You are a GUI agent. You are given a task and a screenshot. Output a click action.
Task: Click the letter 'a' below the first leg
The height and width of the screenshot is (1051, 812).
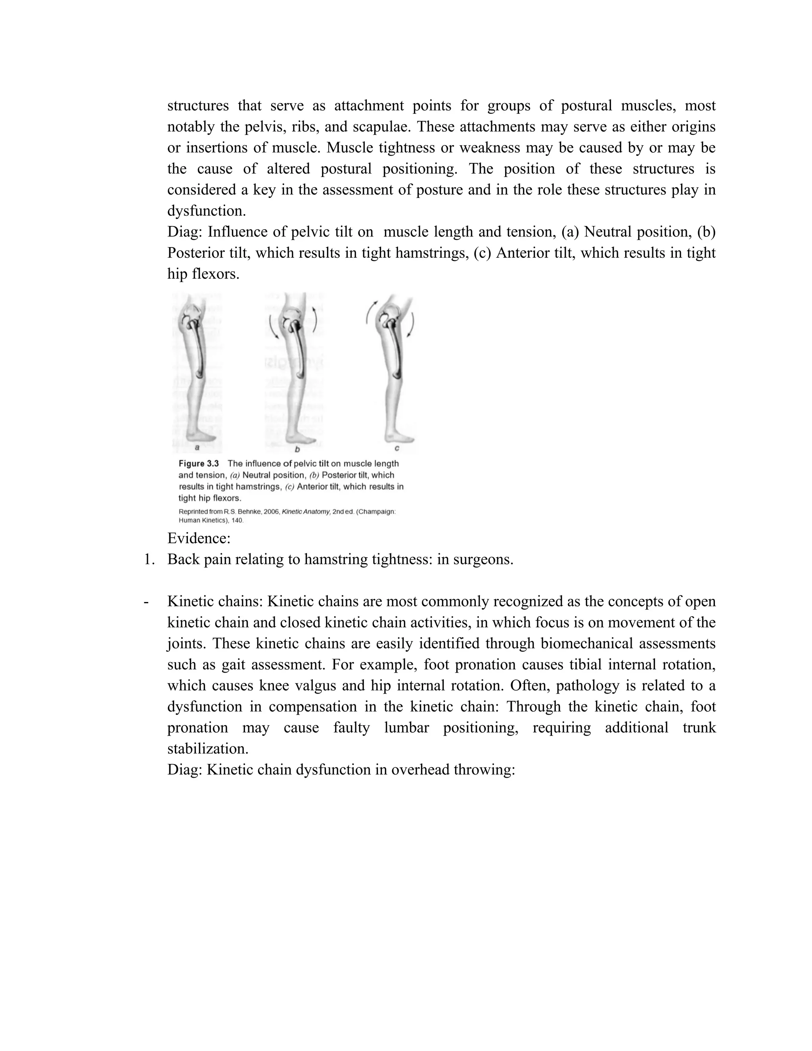(197, 447)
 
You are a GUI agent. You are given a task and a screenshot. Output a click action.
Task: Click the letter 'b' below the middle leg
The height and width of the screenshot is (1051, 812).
(297, 449)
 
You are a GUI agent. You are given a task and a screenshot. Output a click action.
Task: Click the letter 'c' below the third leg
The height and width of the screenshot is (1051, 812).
(397, 448)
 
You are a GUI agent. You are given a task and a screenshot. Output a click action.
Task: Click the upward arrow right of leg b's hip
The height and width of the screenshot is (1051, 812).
(314, 320)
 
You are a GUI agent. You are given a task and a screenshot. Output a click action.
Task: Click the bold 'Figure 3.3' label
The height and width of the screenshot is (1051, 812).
(199, 463)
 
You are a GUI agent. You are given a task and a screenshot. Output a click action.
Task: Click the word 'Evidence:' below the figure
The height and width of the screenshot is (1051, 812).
(199, 538)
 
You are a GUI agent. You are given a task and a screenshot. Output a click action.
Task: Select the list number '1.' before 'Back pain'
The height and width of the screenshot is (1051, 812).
(149, 559)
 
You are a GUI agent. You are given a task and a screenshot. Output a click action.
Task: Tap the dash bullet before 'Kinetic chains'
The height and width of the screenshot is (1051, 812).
(146, 602)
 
